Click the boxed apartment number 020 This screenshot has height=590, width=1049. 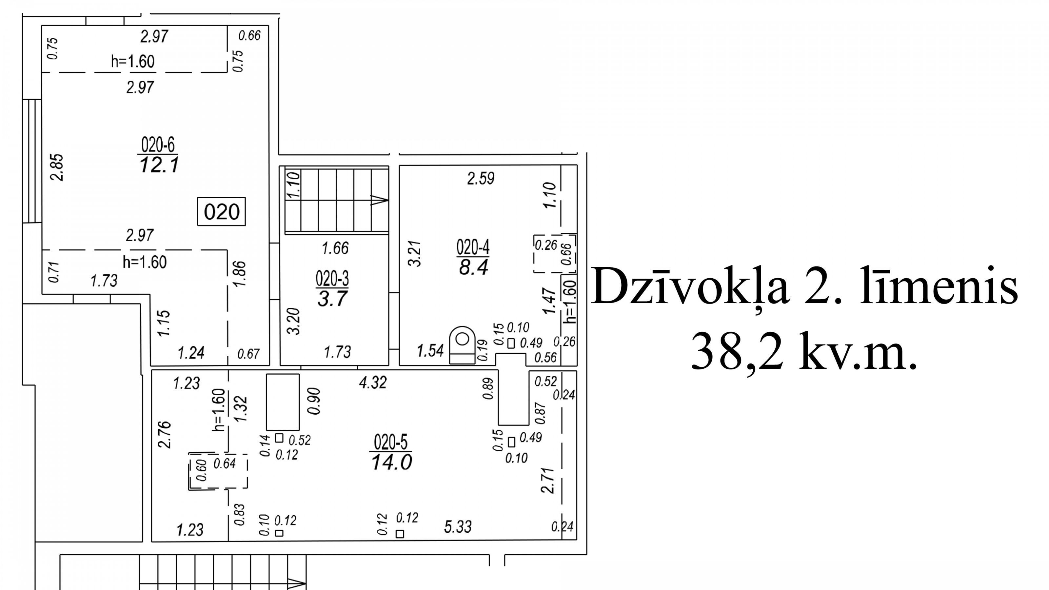tap(222, 212)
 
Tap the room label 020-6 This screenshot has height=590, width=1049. tap(158, 145)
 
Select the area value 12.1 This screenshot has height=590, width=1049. tap(159, 165)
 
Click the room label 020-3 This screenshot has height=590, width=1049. tap(332, 279)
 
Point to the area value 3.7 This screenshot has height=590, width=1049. tap(332, 299)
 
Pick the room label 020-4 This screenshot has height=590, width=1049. tap(473, 247)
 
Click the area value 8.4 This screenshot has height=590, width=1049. tap(473, 267)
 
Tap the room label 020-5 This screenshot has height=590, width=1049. tap(391, 442)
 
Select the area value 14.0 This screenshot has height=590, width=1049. tap(392, 462)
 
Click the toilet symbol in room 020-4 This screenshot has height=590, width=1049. tap(462, 344)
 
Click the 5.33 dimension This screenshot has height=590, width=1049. tap(458, 527)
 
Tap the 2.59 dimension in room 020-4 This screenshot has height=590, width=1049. tap(481, 178)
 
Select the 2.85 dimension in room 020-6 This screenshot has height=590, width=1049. tap(57, 167)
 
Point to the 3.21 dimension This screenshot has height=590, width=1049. tap(415, 254)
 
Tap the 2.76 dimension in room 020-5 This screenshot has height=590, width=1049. tap(165, 435)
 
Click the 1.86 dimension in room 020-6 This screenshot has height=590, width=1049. tap(240, 274)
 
